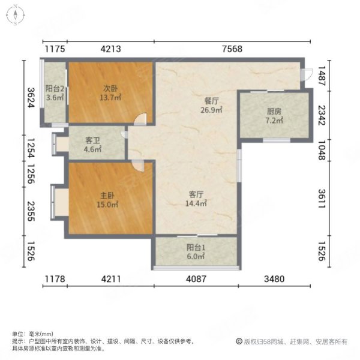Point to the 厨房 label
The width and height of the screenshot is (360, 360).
[274, 111]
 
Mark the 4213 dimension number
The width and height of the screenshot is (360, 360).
[111, 50]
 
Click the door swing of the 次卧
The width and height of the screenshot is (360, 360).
[139, 119]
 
